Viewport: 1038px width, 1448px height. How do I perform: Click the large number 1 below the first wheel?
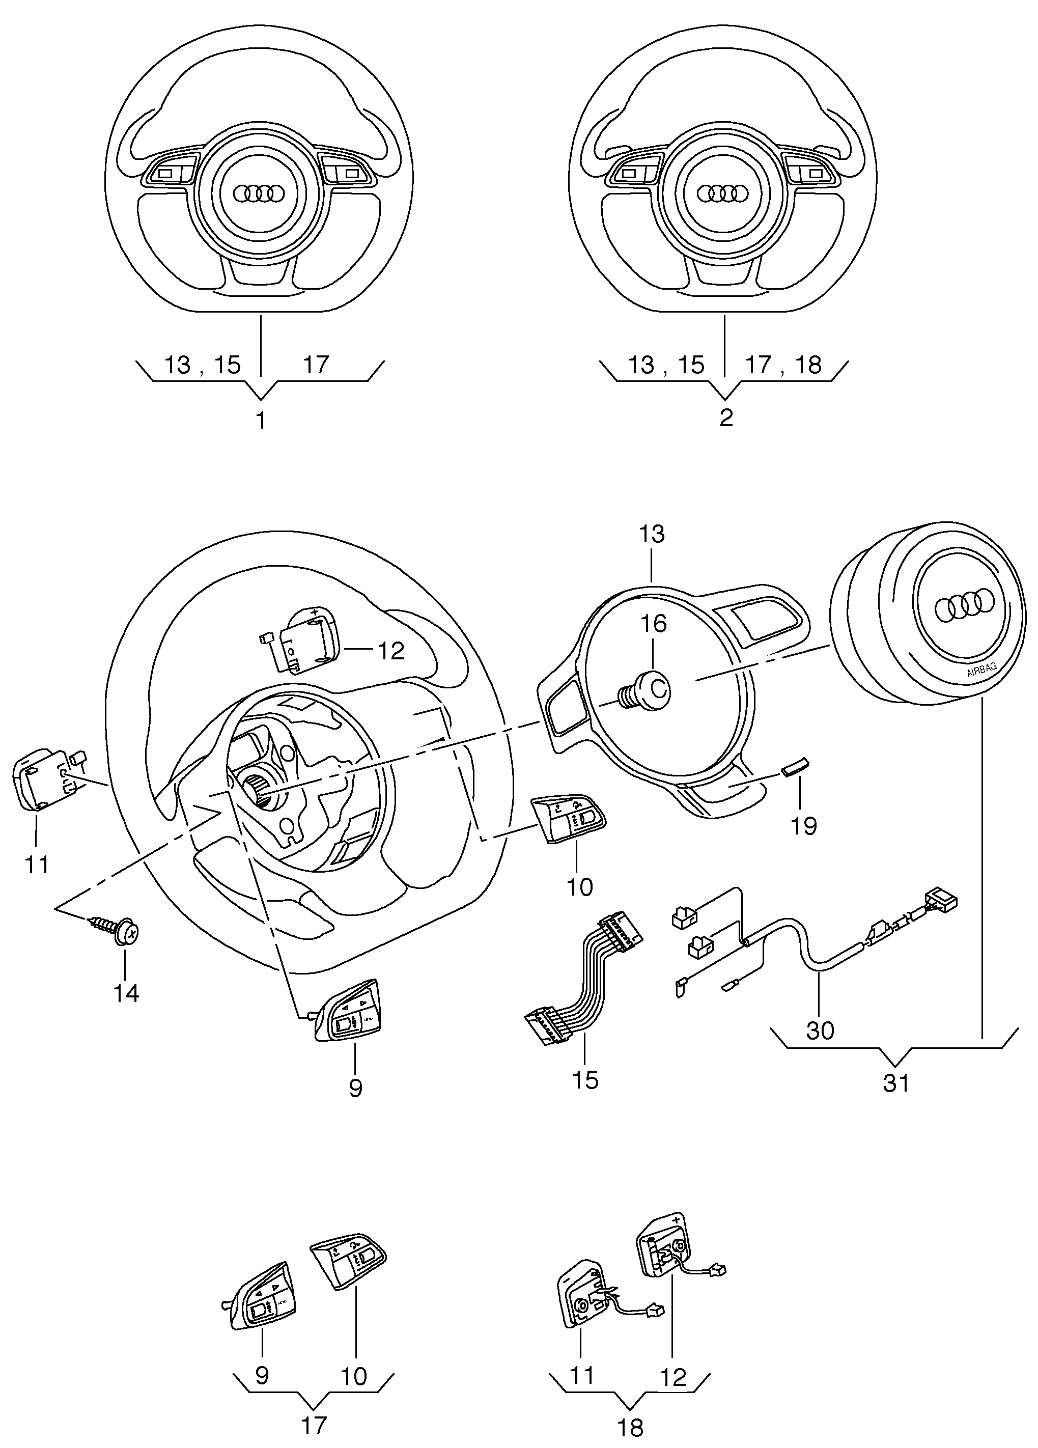[261, 420]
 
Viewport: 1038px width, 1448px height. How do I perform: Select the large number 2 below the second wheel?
[726, 418]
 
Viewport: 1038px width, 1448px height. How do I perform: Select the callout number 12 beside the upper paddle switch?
[390, 651]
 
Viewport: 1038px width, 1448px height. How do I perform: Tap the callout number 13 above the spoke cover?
[652, 534]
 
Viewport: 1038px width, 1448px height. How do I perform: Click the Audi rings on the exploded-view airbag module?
[960, 606]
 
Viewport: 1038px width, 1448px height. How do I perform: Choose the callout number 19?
[804, 826]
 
